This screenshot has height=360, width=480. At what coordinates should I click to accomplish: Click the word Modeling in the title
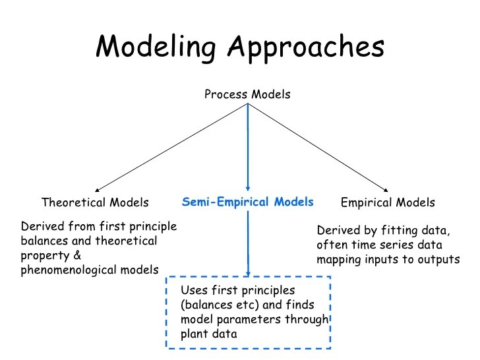coord(157,47)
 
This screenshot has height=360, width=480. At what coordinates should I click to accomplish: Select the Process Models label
coord(247,94)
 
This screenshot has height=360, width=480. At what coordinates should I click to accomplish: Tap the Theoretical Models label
coord(95,202)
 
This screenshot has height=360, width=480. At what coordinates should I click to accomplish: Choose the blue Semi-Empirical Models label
coord(248,202)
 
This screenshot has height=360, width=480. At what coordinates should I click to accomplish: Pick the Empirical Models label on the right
coord(388,202)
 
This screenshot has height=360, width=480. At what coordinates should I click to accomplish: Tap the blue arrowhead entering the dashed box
coord(248,273)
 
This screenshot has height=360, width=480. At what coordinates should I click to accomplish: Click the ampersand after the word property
coord(76,255)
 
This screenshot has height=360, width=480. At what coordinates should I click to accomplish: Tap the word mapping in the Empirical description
coord(337,260)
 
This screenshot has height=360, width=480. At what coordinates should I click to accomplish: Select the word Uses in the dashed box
coord(193,291)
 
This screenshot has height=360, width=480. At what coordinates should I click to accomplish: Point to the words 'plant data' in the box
coord(209,334)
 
